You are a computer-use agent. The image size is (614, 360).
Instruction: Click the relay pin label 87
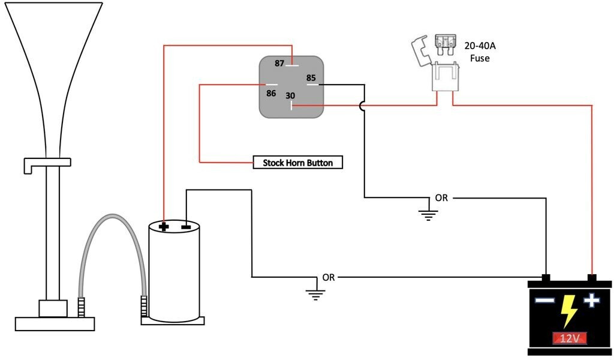pos(279,64)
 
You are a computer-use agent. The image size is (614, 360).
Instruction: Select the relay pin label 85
pos(311,77)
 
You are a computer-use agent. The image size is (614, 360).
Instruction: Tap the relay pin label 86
pos(271,93)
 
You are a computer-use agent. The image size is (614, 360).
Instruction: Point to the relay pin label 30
pos(290,96)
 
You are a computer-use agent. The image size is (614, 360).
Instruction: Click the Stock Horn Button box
pos(297,163)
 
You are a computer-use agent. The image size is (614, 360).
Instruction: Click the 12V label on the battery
pos(569,338)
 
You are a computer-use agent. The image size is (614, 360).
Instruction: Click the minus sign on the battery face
pos(544,301)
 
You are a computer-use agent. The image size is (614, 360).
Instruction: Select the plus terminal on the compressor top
pos(164,227)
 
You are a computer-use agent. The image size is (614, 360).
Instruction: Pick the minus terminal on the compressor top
pos(186,227)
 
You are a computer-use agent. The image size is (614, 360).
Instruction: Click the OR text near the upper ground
pos(441,197)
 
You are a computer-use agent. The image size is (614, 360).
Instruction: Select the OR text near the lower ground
pos(329,277)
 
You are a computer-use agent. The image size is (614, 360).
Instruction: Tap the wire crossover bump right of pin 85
pos(363,106)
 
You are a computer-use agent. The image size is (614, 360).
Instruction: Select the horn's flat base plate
pos(55,323)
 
